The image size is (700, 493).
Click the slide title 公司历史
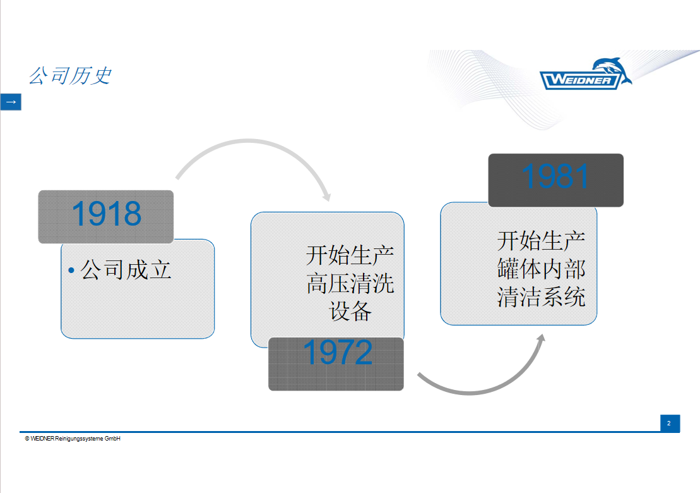[x=70, y=76]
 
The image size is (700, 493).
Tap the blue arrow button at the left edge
[x=11, y=102]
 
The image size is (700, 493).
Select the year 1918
[x=106, y=214]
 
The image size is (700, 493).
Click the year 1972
[x=338, y=353]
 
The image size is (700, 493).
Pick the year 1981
[x=555, y=176]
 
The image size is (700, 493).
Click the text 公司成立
[x=126, y=270]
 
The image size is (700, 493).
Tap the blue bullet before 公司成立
[x=71, y=271]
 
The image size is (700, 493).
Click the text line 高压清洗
[x=350, y=283]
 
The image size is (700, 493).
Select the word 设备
[x=350, y=311]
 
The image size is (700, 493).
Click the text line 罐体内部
[x=541, y=269]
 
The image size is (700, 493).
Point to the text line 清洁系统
[x=541, y=297]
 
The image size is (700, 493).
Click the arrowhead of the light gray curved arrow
[x=327, y=197]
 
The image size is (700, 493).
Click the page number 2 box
[x=670, y=423]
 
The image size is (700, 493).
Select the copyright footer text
[x=73, y=439]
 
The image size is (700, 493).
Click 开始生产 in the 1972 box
[x=350, y=255]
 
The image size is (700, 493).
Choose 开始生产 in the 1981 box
[x=541, y=241]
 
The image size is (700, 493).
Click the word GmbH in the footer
[x=112, y=439]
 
